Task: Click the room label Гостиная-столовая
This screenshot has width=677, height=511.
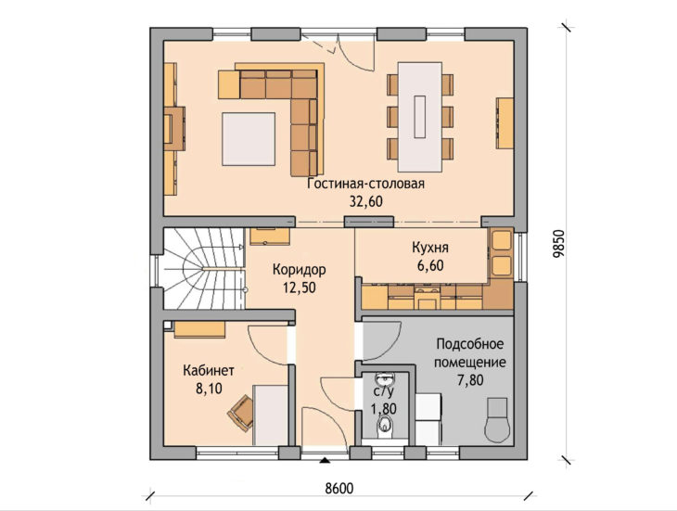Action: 366,184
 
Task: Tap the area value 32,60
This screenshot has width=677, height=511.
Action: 366,201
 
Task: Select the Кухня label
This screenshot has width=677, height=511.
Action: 430,248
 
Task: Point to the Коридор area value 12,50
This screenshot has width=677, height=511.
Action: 300,287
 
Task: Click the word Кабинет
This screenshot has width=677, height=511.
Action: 209,370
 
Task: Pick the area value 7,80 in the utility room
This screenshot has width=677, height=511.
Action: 470,380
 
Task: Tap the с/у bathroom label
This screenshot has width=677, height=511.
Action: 384,392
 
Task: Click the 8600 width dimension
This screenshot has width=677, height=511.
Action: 338,488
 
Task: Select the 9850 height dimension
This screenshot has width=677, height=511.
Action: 558,244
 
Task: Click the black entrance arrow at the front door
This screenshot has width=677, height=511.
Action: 325,461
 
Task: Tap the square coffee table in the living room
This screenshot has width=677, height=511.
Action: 249,139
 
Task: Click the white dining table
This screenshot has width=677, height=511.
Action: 420,117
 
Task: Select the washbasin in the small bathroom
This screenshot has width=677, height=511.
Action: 384,379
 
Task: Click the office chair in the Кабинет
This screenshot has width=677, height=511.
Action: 241,413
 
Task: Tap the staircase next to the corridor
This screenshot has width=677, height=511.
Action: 204,269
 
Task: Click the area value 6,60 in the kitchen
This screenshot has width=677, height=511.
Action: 430,265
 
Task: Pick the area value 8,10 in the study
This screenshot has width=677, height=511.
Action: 209,389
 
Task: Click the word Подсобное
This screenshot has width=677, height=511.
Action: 470,344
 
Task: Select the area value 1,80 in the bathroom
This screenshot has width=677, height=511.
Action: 384,408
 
